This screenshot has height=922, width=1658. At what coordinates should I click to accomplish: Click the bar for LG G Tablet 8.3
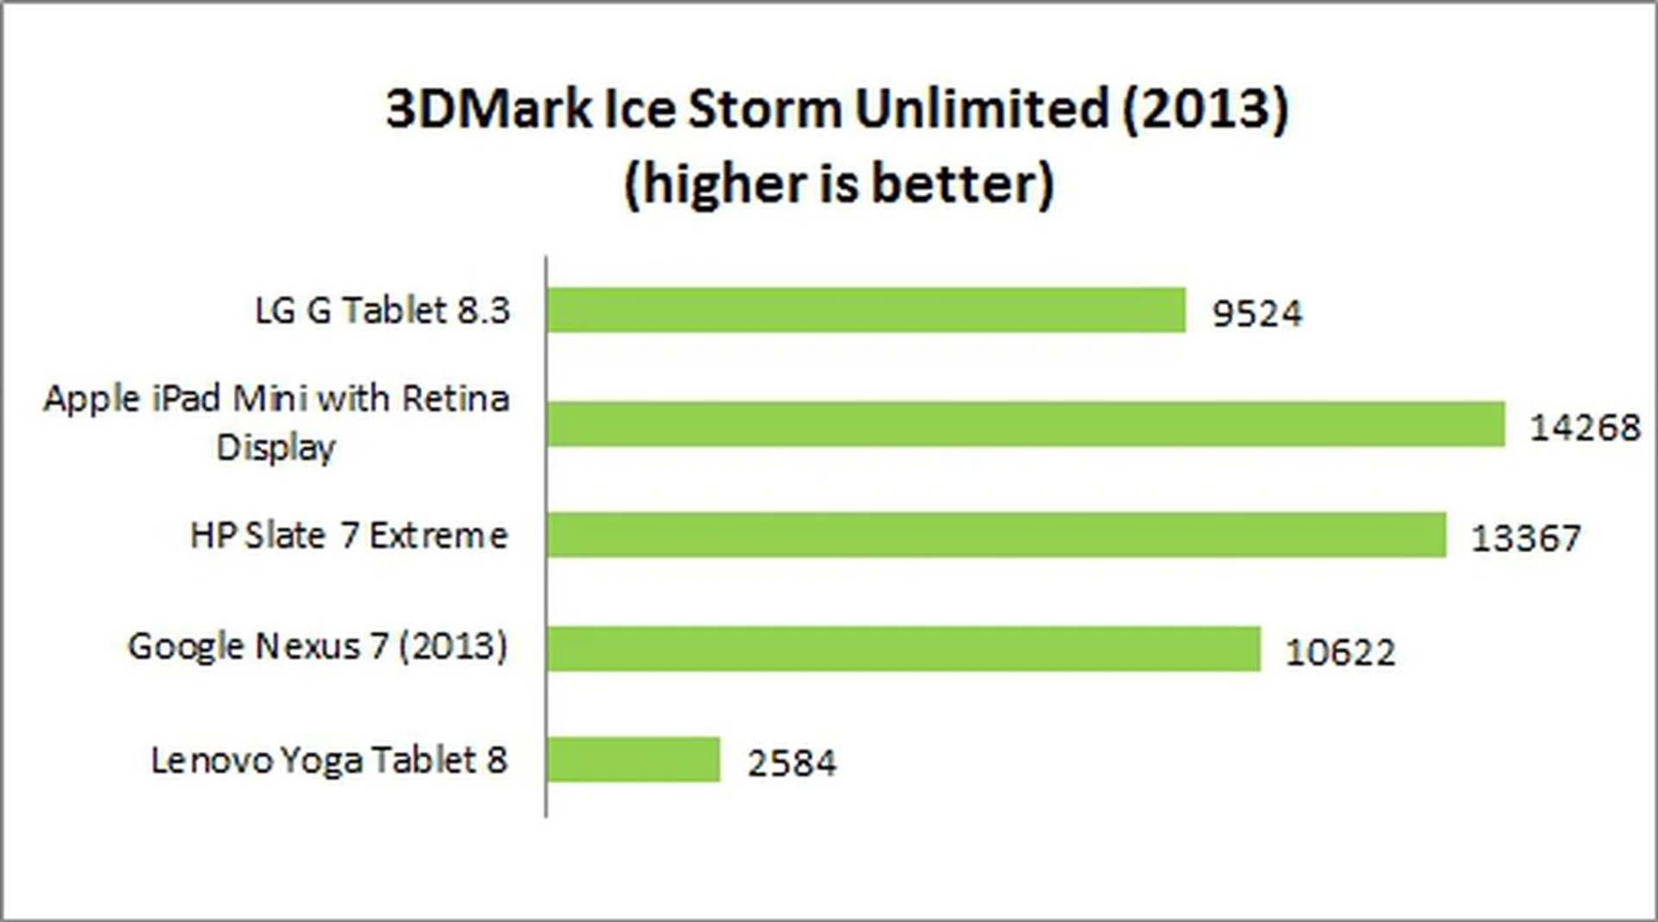(866, 310)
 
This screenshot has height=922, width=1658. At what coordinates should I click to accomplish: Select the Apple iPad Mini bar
(1025, 424)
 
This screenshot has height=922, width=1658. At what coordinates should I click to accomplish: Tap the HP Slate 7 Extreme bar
(996, 535)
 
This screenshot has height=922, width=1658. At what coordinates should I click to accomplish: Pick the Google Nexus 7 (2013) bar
(903, 649)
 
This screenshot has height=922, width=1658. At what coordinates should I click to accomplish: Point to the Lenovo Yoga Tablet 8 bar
(633, 760)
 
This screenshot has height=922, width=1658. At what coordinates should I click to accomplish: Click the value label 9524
(1256, 313)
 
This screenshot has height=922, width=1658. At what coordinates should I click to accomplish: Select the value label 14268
(1584, 427)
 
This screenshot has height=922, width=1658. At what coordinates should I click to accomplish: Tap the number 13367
(1525, 538)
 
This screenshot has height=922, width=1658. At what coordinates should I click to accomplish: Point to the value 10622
(1339, 652)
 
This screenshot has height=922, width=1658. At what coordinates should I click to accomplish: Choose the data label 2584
(791, 763)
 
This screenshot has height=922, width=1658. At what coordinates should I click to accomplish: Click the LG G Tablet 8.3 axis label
(383, 310)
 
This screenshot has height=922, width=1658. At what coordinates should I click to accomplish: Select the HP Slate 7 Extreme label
(349, 536)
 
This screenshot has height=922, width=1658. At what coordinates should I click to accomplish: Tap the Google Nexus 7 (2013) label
(318, 646)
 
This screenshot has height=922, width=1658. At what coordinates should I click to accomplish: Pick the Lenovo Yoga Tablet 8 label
(329, 760)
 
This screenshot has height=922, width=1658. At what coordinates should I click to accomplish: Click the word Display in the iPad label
(275, 448)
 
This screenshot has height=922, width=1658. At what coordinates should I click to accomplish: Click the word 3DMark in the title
(489, 109)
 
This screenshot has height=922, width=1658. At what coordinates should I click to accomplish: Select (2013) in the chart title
(1205, 109)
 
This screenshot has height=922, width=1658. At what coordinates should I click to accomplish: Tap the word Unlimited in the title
(981, 109)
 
